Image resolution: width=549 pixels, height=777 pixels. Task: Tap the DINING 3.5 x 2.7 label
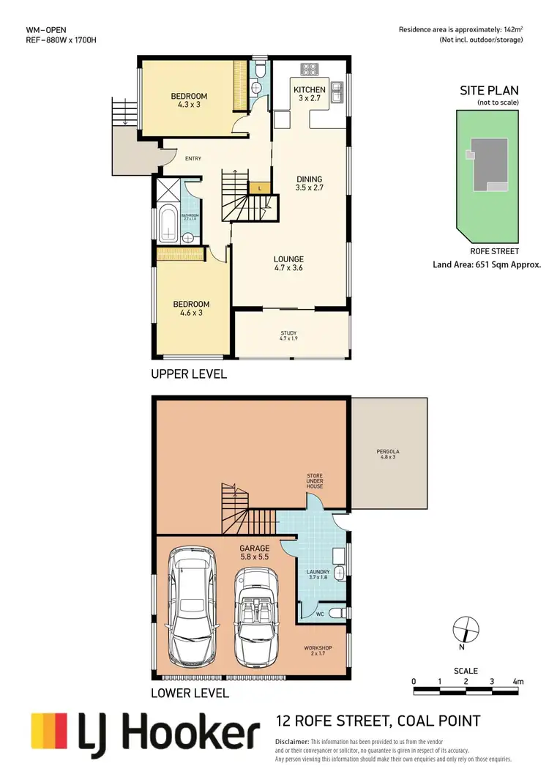coord(309,183)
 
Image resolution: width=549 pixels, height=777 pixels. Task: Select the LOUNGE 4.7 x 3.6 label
coord(289,264)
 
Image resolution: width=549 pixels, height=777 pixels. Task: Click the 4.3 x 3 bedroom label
coord(189,100)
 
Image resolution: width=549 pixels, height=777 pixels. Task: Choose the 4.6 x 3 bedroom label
coord(191,308)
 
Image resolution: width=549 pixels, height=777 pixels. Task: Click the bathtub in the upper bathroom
coord(168,224)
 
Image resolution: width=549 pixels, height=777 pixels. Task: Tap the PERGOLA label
coord(386,453)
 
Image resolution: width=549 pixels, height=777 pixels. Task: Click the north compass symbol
coord(466,629)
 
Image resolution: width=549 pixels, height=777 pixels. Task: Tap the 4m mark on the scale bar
coord(518,682)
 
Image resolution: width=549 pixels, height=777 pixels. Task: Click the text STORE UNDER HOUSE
coord(315,481)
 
